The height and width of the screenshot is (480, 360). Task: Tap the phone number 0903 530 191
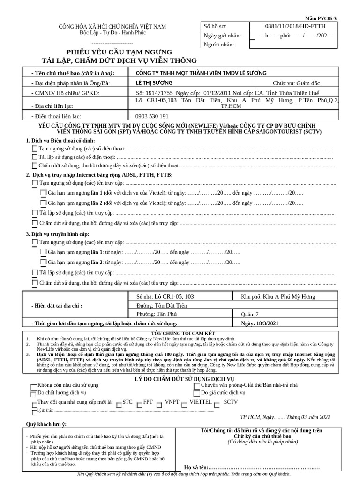pyautogui.click(x=149, y=116)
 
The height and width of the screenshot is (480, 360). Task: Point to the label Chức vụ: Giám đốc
pyautogui.click(x=300, y=83)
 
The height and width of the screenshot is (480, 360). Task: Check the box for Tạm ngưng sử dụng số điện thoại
pyautogui.click(x=35, y=149)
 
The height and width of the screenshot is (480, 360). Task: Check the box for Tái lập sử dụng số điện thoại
pyautogui.click(x=35, y=157)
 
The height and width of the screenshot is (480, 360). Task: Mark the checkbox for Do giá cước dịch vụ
pyautogui.click(x=197, y=393)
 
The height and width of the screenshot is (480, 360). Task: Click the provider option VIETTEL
pyautogui.click(x=185, y=403)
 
